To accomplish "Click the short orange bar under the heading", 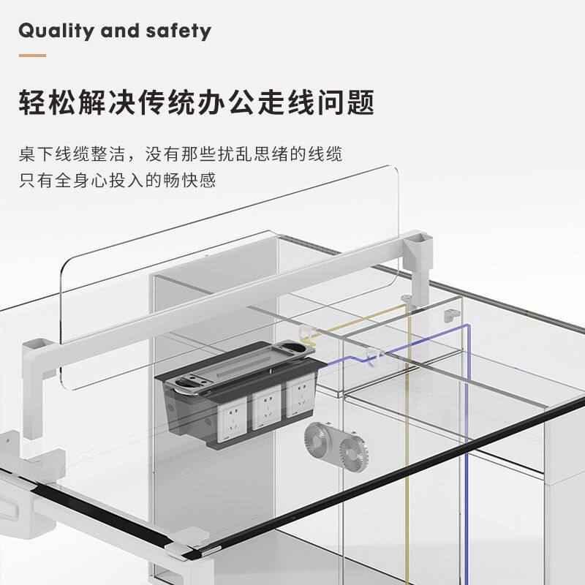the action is point(32,55).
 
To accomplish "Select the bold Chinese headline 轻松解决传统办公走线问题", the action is point(196,102).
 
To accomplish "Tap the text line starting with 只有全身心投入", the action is point(117,180).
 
